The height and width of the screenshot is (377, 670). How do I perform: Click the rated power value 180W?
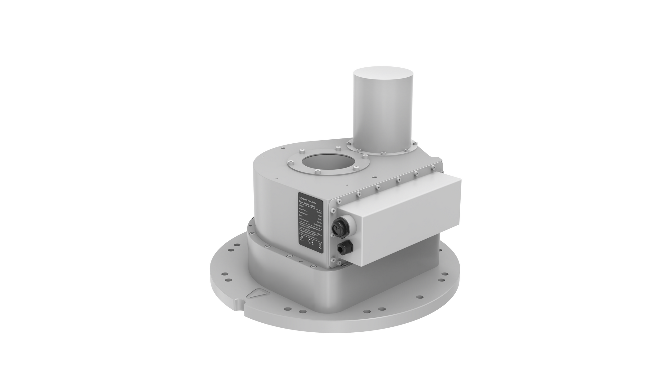[319, 216]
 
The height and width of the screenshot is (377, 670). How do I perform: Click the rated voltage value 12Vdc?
[320, 220]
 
